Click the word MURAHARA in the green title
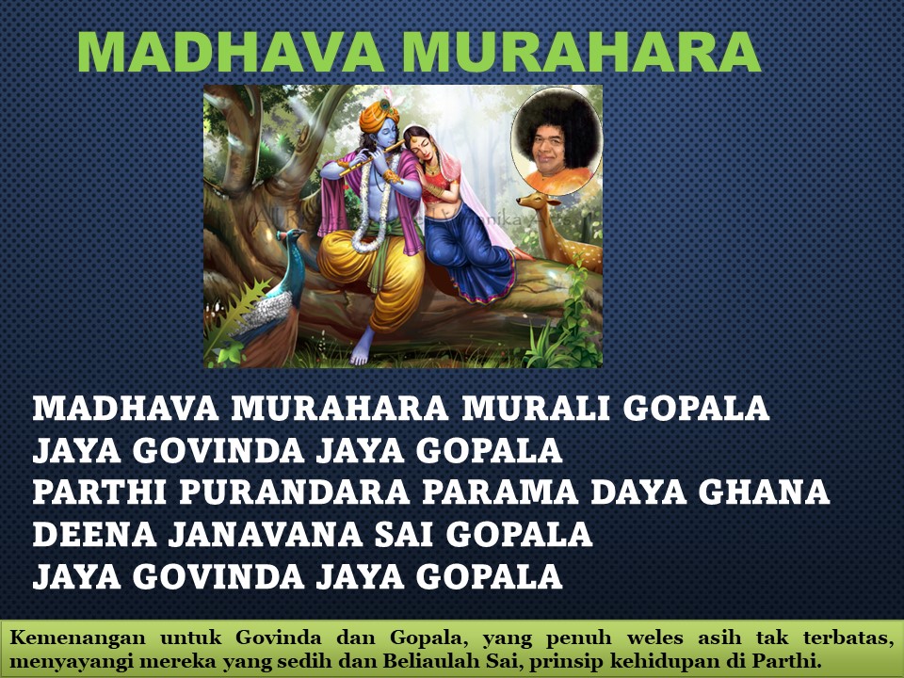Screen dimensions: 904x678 [x=581, y=52]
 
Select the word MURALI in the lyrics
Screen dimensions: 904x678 [x=536, y=408]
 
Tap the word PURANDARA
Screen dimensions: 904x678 [x=294, y=492]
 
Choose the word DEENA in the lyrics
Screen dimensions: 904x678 [x=95, y=535]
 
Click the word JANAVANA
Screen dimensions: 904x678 [x=266, y=535]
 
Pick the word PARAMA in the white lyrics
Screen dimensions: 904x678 [x=500, y=492]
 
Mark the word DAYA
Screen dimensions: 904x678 [x=638, y=492]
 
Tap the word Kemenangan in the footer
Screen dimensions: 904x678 [x=77, y=638]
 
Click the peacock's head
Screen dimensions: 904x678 [x=291, y=234]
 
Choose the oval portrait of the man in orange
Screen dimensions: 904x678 [x=557, y=140]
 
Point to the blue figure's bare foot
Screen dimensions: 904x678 [x=362, y=347]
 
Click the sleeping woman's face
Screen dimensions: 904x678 [x=418, y=145]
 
